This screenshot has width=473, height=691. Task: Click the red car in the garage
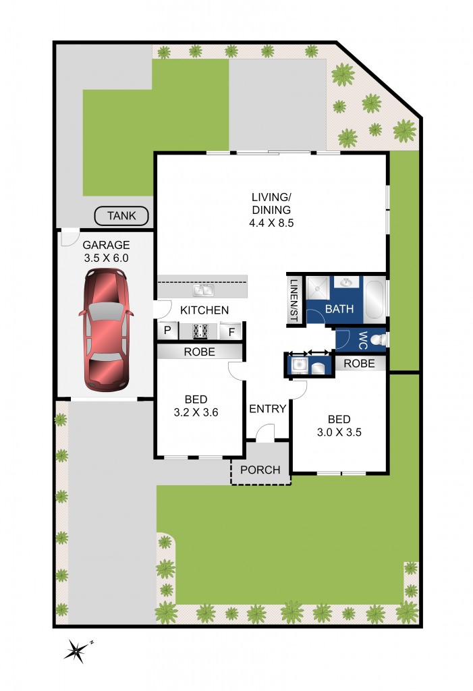(105, 329)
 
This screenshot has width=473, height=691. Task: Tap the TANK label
(121, 216)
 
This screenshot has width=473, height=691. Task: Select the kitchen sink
(203, 291)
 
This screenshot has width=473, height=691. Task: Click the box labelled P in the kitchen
(166, 331)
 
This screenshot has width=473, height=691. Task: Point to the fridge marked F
(231, 331)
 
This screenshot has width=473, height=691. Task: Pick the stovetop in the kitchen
(200, 331)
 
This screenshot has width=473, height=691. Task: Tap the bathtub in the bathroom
(374, 300)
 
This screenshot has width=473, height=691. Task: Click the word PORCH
(260, 470)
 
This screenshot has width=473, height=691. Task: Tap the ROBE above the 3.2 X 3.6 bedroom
(199, 352)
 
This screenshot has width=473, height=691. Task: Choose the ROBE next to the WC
(360, 363)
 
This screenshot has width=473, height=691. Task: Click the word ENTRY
(268, 408)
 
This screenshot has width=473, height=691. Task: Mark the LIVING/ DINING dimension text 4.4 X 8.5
(271, 222)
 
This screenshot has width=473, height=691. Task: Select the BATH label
(339, 309)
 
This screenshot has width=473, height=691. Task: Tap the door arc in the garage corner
(68, 238)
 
